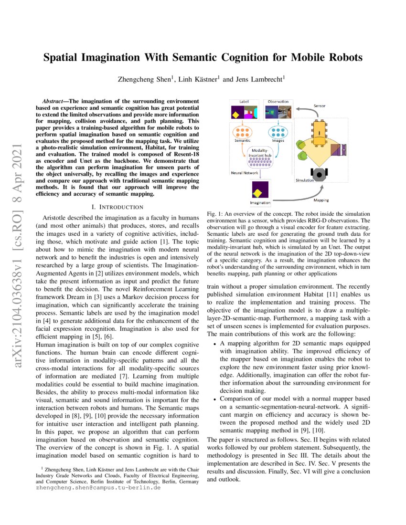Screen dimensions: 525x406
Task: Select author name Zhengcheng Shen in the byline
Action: [x=142, y=80]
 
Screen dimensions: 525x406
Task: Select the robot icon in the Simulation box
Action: [x=318, y=174]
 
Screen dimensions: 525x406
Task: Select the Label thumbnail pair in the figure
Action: [x=244, y=113]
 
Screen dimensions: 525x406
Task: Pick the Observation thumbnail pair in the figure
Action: [x=278, y=113]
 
